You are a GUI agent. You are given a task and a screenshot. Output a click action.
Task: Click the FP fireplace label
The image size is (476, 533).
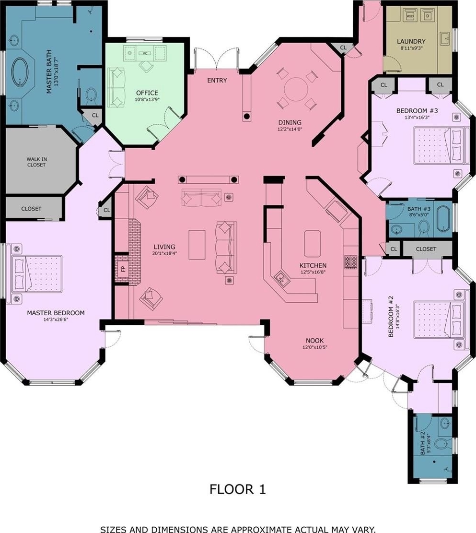click(123, 269)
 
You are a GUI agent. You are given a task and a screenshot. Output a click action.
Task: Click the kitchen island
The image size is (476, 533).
click(313, 243)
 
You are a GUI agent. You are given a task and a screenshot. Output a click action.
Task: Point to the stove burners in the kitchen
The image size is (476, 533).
click(351, 262)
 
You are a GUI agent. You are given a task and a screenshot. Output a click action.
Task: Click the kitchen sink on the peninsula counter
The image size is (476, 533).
click(282, 278)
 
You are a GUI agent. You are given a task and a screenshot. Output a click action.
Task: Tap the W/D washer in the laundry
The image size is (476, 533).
click(410, 15)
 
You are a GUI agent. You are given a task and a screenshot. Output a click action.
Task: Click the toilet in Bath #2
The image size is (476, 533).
click(442, 444)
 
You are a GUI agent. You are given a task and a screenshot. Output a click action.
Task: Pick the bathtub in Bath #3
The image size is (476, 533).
click(443, 219)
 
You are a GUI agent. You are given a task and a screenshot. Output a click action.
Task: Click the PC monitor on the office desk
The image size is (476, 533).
click(145, 53)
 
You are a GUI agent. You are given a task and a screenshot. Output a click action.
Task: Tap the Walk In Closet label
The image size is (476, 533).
click(37, 162)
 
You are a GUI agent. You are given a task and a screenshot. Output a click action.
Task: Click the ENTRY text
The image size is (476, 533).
click(217, 81)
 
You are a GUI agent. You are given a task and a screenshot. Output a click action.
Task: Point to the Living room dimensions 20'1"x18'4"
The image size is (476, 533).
click(164, 253)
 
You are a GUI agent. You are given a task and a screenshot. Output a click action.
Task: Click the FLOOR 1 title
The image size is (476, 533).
click(237, 489)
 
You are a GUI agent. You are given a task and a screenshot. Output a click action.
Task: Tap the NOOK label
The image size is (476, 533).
click(314, 341)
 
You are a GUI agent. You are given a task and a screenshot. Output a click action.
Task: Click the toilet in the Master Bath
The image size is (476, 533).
click(91, 95)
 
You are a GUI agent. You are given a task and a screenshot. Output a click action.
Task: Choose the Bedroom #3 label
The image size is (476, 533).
click(417, 111)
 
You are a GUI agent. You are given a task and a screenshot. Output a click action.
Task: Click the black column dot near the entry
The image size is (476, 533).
click(247, 117)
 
